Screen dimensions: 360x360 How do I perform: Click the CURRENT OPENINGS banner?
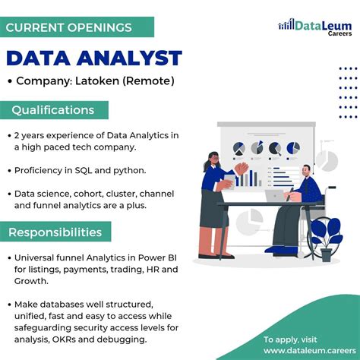point(68,27)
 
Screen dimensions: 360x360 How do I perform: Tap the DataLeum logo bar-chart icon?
point(286,25)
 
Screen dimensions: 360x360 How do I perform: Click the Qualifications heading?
point(52,110)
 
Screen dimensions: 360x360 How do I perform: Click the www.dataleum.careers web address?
point(302,351)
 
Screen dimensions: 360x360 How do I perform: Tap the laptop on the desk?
point(273,196)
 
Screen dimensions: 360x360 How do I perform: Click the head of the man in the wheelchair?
point(305,171)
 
